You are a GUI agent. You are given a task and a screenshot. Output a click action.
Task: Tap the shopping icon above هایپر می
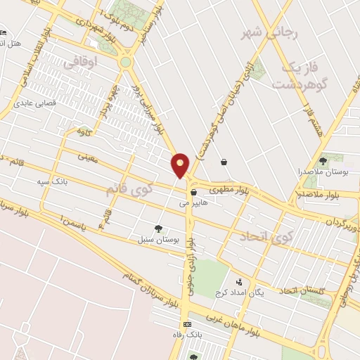[x=193, y=191]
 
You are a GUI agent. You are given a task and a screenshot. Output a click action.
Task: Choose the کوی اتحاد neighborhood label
[x=264, y=237]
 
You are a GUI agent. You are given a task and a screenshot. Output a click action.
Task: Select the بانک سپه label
[x=53, y=181]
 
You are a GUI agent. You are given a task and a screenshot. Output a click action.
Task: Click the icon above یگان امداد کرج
[x=239, y=282]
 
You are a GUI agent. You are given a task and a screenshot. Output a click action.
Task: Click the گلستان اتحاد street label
[x=302, y=290]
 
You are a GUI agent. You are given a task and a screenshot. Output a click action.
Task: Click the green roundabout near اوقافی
[x=125, y=62]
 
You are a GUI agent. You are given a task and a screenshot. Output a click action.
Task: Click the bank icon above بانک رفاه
[x=186, y=324]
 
